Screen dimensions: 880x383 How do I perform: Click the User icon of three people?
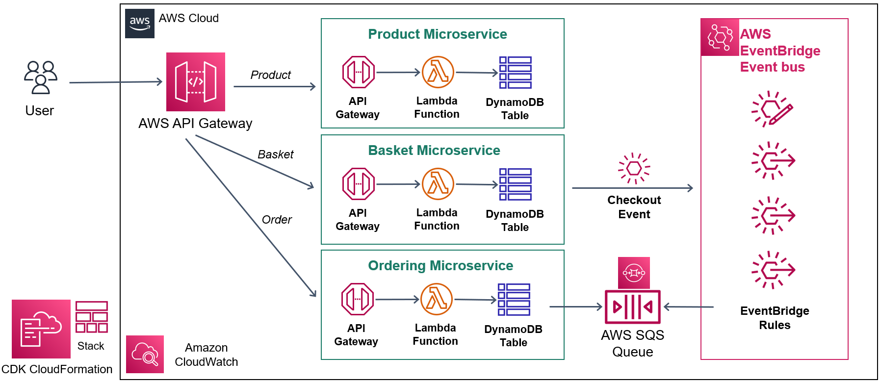click(41, 77)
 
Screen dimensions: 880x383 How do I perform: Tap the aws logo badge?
click(140, 24)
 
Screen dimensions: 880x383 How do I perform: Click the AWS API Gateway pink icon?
click(196, 82)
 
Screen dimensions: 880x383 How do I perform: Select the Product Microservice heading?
click(438, 34)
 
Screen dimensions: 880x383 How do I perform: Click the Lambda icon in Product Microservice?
click(438, 72)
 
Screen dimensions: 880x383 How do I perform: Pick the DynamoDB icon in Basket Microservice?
click(516, 184)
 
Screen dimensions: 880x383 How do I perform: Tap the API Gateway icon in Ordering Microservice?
click(358, 299)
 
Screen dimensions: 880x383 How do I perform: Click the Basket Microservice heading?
click(434, 151)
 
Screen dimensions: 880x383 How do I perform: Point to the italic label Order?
click(277, 220)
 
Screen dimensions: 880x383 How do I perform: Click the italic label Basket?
click(276, 154)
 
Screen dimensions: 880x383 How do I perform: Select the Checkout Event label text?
click(634, 207)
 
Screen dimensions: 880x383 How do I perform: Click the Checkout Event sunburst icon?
click(634, 168)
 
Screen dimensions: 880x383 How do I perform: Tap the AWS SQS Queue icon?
click(633, 307)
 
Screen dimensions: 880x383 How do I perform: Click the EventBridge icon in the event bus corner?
click(720, 37)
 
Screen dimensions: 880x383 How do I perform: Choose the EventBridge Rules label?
click(775, 318)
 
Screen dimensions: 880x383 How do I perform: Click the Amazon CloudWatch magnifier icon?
click(145, 355)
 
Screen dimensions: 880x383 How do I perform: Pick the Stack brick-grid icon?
click(92, 317)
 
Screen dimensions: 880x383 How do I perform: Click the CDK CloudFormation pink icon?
click(41, 329)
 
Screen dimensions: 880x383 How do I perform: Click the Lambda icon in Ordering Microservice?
click(437, 299)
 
